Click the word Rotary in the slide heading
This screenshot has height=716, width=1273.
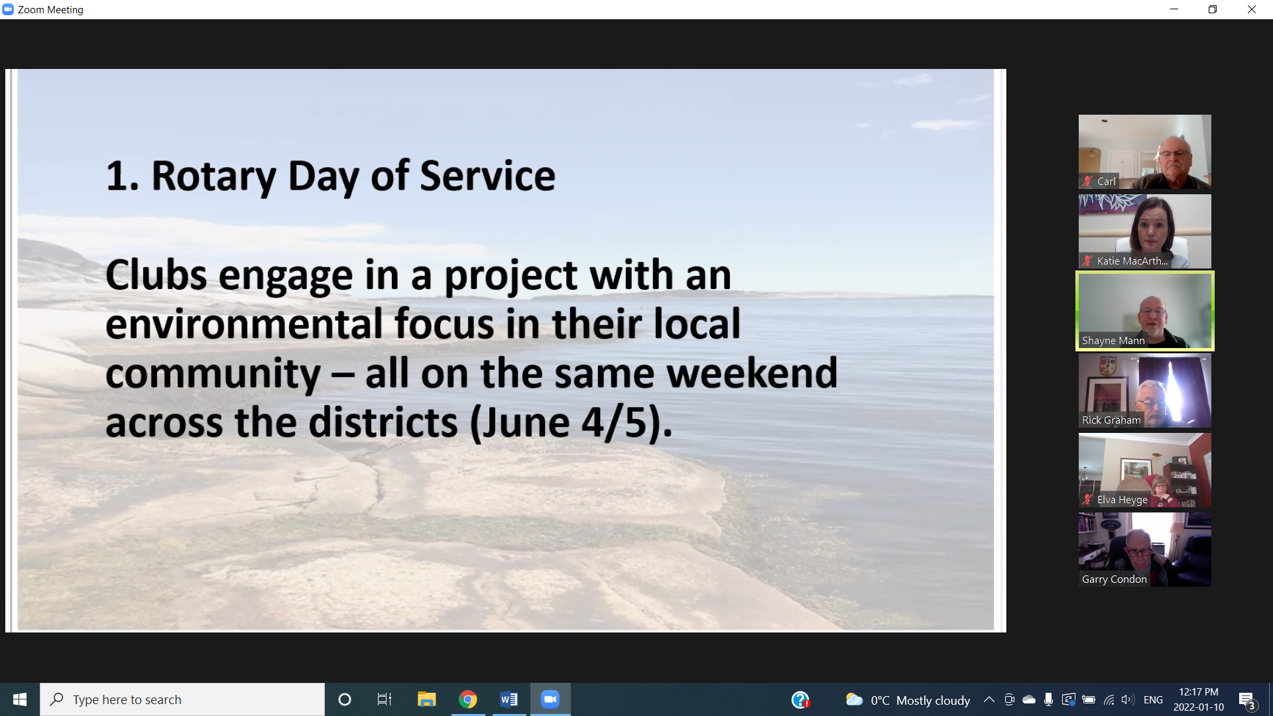[x=213, y=176]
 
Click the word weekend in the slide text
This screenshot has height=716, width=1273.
[x=752, y=373]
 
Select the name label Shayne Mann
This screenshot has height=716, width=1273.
[x=1113, y=340]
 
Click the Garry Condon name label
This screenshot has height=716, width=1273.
[x=1114, y=579]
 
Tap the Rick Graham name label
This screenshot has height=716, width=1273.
[x=1111, y=420]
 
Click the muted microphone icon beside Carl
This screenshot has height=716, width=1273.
[x=1087, y=181]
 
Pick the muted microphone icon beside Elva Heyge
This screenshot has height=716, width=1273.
[x=1087, y=499]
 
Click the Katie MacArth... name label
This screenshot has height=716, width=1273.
[x=1132, y=261]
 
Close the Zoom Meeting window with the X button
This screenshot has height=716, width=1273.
[x=1252, y=9]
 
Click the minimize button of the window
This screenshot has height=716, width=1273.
[x=1174, y=9]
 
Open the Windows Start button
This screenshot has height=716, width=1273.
[x=20, y=699]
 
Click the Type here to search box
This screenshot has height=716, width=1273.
[x=182, y=699]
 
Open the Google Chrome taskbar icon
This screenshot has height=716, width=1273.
[x=468, y=699]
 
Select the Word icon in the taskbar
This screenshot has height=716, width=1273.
[x=509, y=699]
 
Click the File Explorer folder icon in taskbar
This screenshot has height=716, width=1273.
[x=426, y=699]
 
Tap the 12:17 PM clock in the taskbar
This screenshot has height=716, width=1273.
[x=1199, y=692]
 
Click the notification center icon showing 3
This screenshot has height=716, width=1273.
[x=1247, y=700]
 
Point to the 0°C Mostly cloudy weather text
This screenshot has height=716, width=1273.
[x=920, y=700]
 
